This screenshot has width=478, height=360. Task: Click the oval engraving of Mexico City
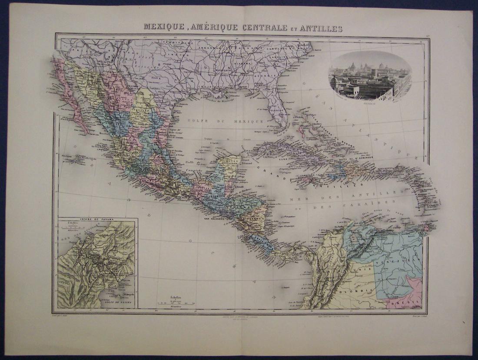pos(370,77)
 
